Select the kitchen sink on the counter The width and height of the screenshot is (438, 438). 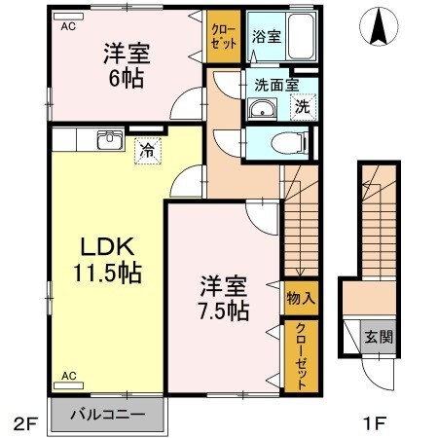[x=107, y=143]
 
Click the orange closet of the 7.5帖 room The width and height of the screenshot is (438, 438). [x=300, y=358]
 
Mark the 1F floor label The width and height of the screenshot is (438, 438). [x=377, y=423]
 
